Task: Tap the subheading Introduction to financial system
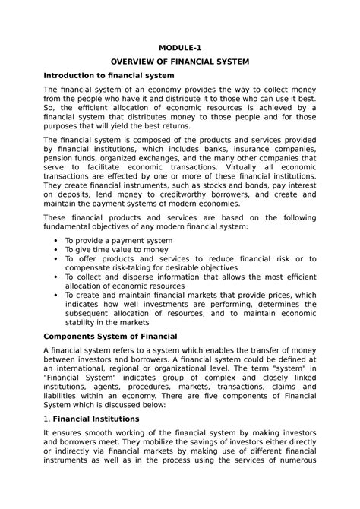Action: [109, 77]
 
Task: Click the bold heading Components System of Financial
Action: [110, 336]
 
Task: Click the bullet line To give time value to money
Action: [116, 250]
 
